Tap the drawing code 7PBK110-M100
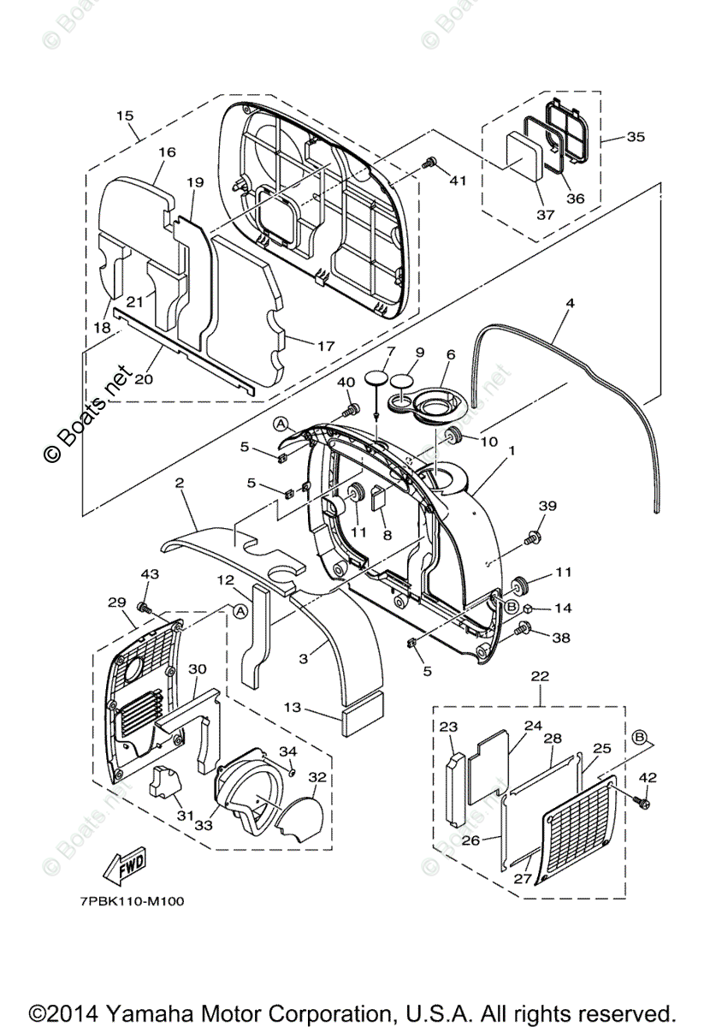click(x=121, y=900)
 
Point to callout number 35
click(x=636, y=136)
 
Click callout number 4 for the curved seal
click(x=570, y=304)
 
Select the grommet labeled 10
click(x=454, y=439)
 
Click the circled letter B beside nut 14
click(x=512, y=606)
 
